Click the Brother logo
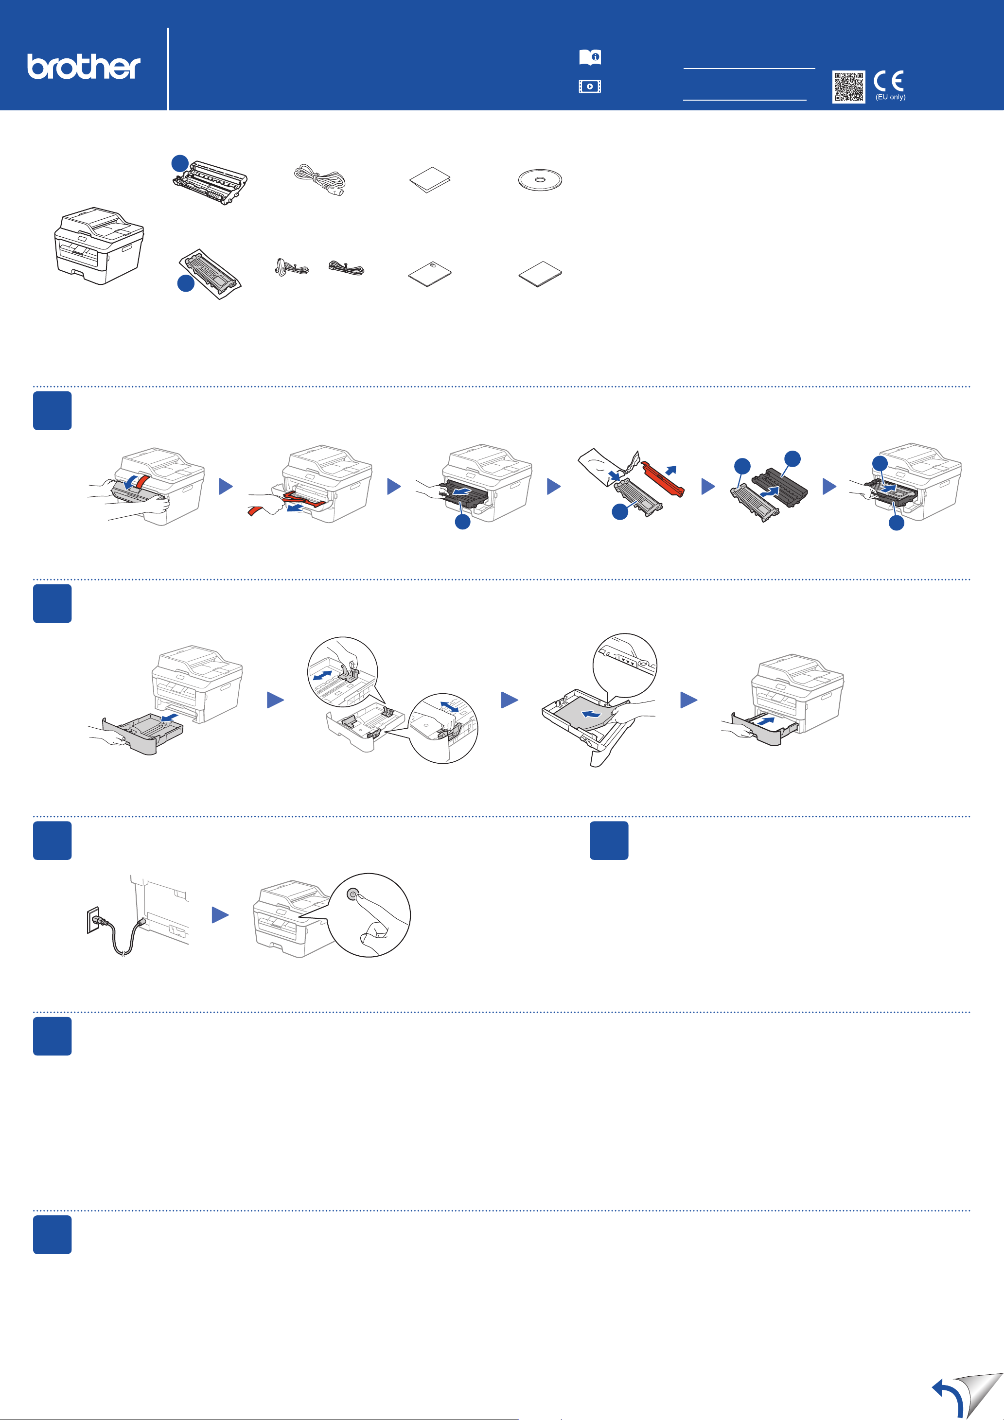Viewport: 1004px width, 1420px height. click(84, 66)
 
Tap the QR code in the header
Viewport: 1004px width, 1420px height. click(848, 87)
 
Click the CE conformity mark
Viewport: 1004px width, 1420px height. click(889, 81)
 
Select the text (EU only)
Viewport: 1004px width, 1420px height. click(890, 97)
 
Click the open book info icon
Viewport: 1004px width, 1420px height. click(590, 57)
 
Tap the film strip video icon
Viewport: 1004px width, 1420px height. click(590, 87)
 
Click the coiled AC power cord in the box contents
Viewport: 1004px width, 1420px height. click(320, 180)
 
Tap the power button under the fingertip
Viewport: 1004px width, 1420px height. click(352, 894)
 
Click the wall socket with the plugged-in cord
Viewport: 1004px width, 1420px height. click(93, 920)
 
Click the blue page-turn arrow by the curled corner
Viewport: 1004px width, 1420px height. click(948, 1397)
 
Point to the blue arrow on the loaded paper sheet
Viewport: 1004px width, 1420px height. click(591, 714)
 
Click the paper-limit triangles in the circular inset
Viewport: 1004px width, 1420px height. click(627, 661)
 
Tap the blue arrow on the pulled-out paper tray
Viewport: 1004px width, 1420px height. click(169, 718)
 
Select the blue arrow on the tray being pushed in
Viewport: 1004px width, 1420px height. click(765, 721)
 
